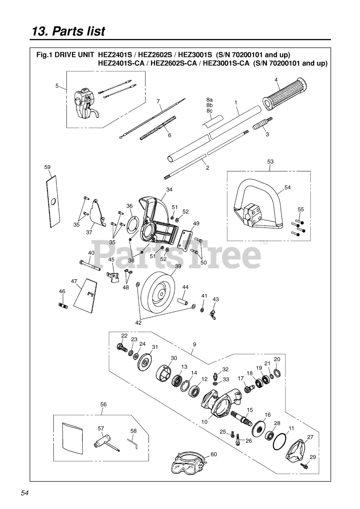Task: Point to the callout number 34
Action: [x=169, y=190]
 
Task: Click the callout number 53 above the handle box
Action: [x=270, y=162]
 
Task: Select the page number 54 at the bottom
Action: [x=25, y=493]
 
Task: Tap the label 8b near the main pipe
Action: [x=209, y=105]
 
